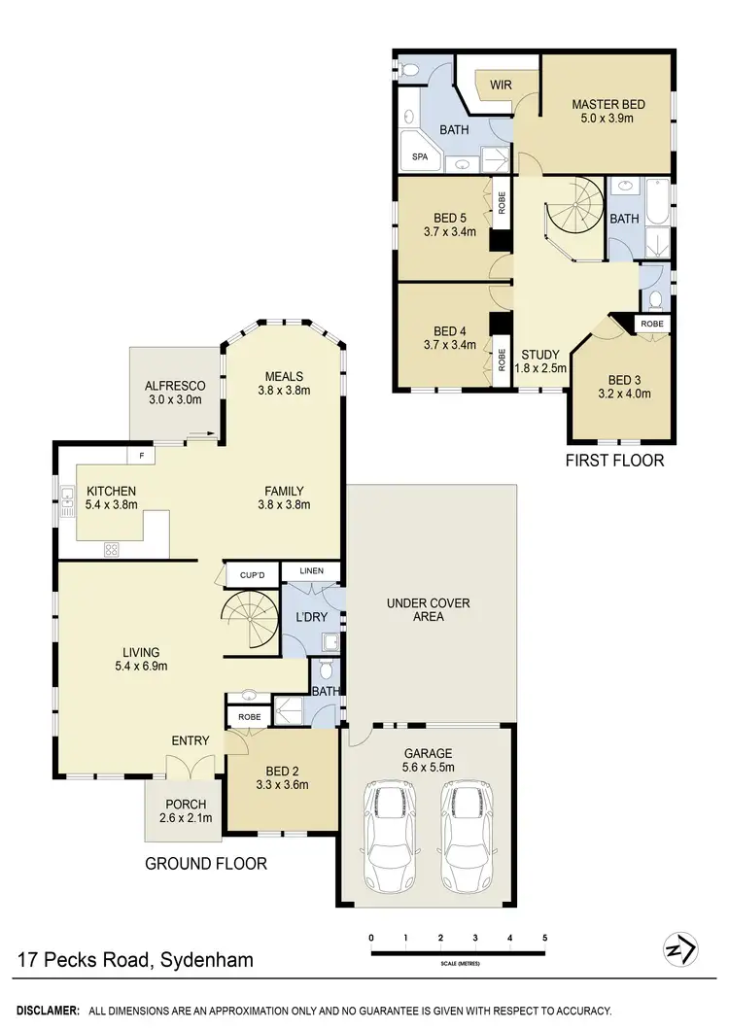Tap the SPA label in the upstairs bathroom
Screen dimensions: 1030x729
click(x=420, y=155)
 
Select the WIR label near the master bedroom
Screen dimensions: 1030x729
click(x=501, y=86)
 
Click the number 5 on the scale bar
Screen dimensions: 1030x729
click(x=545, y=938)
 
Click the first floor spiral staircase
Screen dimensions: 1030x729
click(x=574, y=220)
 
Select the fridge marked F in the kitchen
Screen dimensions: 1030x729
click(x=141, y=454)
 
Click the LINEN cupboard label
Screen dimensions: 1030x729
click(x=311, y=571)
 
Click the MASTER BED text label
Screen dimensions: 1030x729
click(x=608, y=105)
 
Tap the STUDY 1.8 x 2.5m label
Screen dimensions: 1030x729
click(x=540, y=361)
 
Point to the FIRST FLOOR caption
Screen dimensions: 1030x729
click(x=614, y=461)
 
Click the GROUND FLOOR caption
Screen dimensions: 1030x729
click(x=205, y=863)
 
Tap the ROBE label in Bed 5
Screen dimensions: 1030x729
click(x=502, y=202)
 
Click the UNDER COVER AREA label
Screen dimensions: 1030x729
click(x=429, y=609)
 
